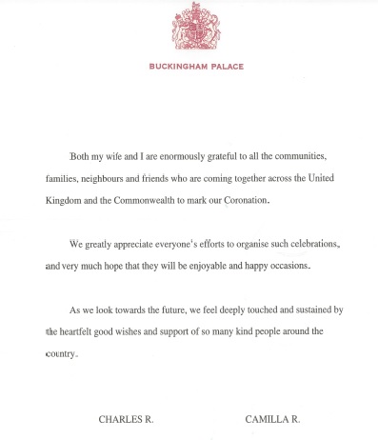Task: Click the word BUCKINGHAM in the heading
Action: pos(179,67)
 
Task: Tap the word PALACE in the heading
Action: pos(225,67)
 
